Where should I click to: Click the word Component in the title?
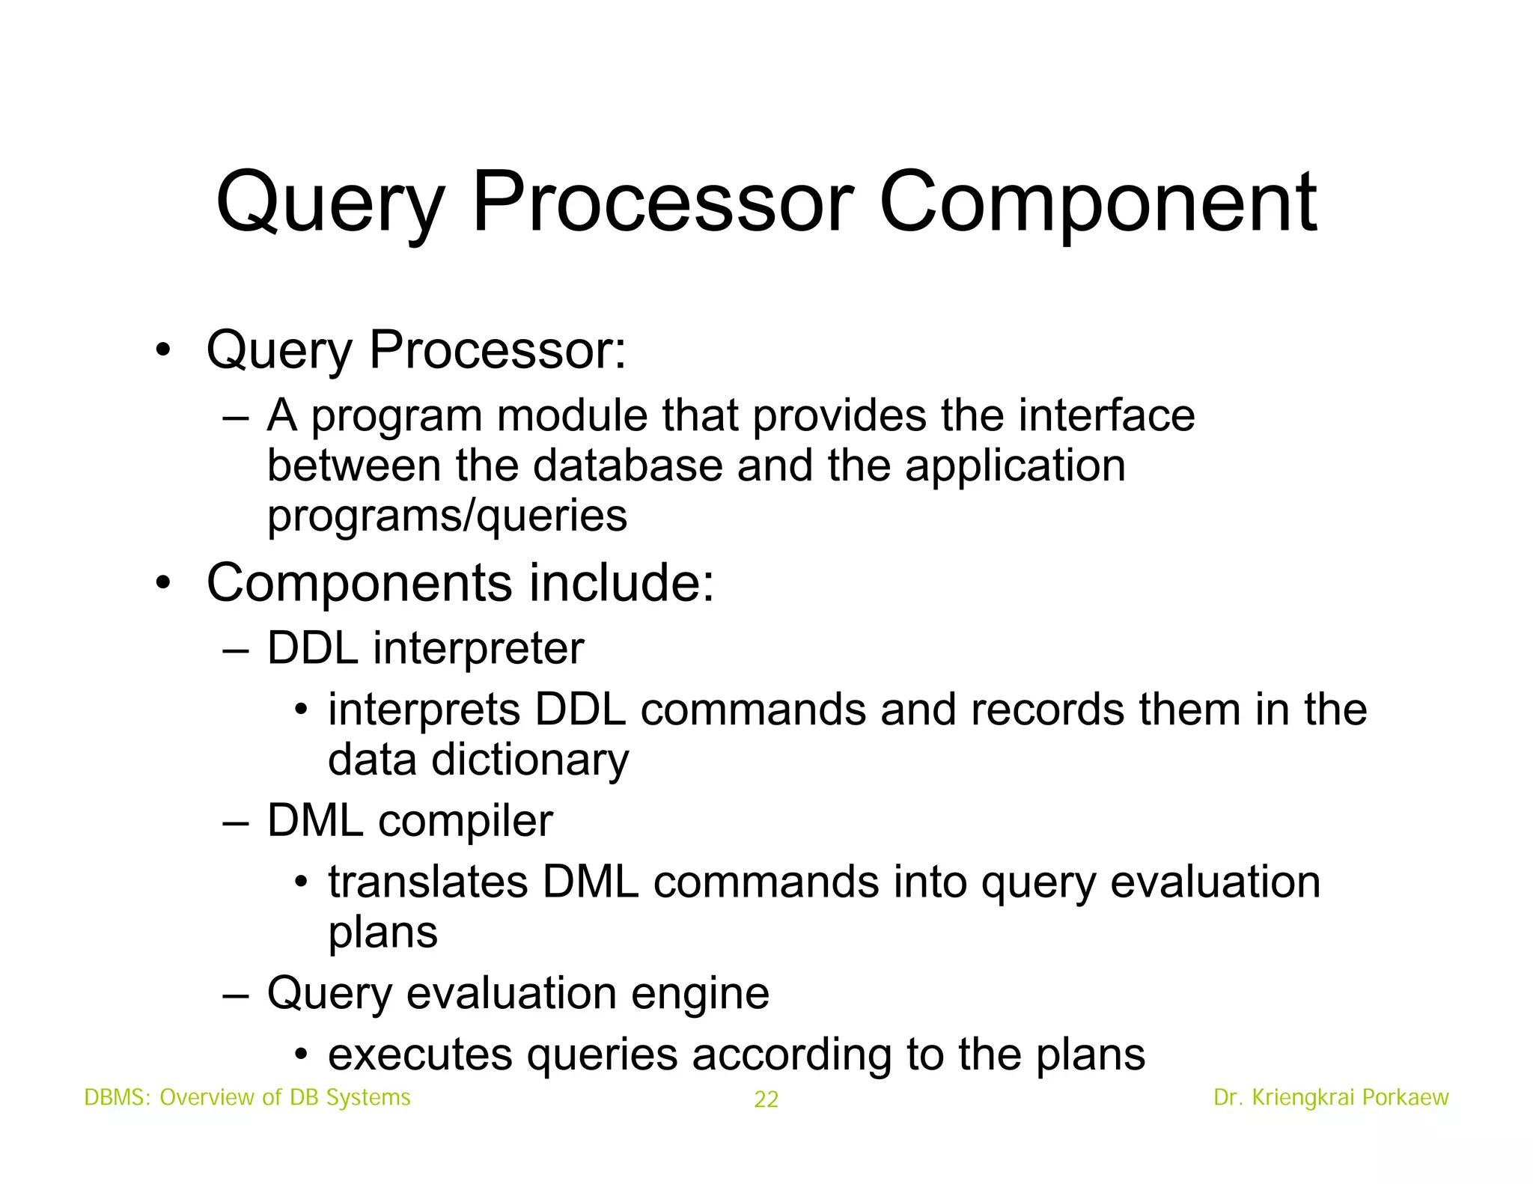[1097, 204]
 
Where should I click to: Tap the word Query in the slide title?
[329, 204]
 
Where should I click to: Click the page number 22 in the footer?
[766, 1099]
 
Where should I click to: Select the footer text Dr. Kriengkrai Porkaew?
[1331, 1097]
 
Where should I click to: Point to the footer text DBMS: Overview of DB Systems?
[247, 1097]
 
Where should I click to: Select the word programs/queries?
[447, 516]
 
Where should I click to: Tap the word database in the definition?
[627, 466]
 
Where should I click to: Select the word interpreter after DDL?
[478, 648]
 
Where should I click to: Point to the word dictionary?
[530, 760]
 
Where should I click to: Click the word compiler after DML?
[465, 821]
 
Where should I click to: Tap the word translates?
[428, 882]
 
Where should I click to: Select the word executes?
[419, 1055]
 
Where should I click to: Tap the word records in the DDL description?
[1047, 710]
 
